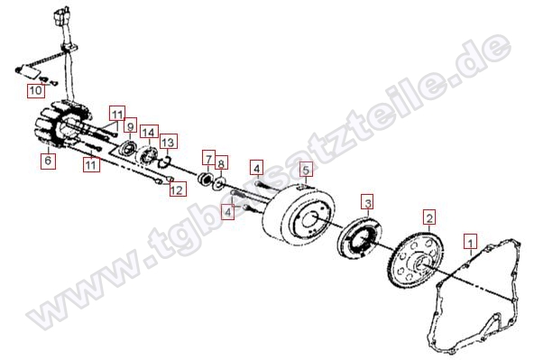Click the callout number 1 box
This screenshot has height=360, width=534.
pos(468,241)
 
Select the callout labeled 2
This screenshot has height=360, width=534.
pos(429,217)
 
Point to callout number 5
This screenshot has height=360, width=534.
pos(306,169)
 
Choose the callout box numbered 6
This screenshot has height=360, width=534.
pos(49,162)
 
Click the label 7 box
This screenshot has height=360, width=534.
pos(207,159)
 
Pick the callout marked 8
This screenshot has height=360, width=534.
pos(222,164)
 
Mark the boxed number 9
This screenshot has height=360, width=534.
pos(129,126)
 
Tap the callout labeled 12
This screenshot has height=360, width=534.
pos(177,189)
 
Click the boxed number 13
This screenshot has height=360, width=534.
pos(169,142)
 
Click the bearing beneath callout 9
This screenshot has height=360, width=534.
pos(130,148)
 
